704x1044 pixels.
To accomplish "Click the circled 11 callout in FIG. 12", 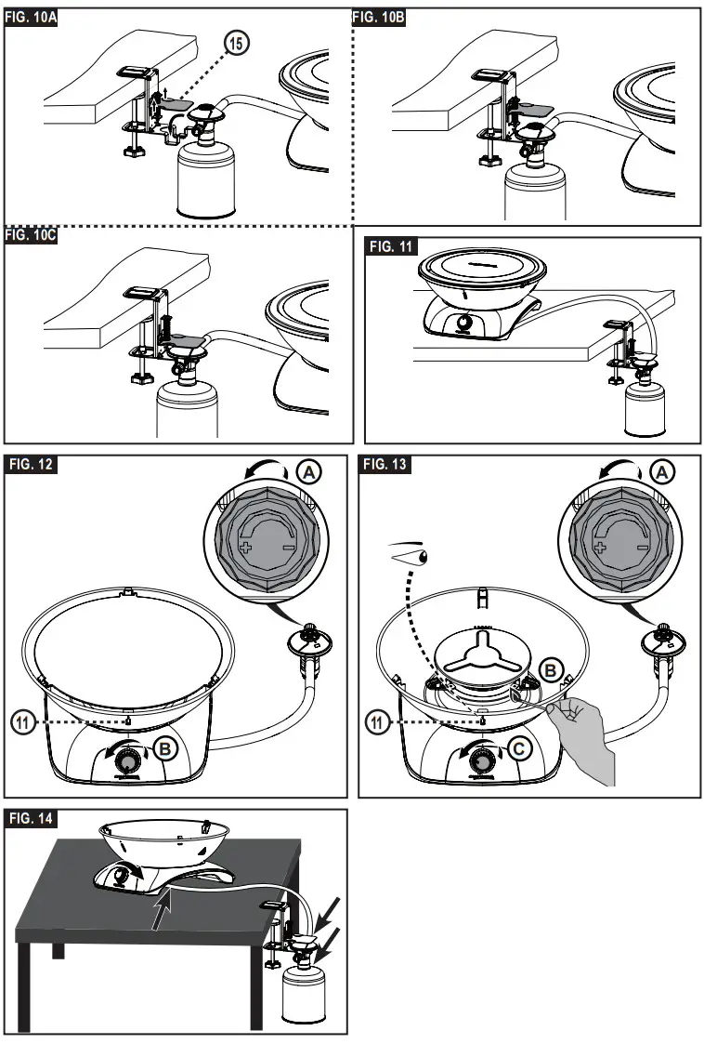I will [x=23, y=720].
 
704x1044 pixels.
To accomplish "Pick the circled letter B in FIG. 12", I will [x=167, y=746].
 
